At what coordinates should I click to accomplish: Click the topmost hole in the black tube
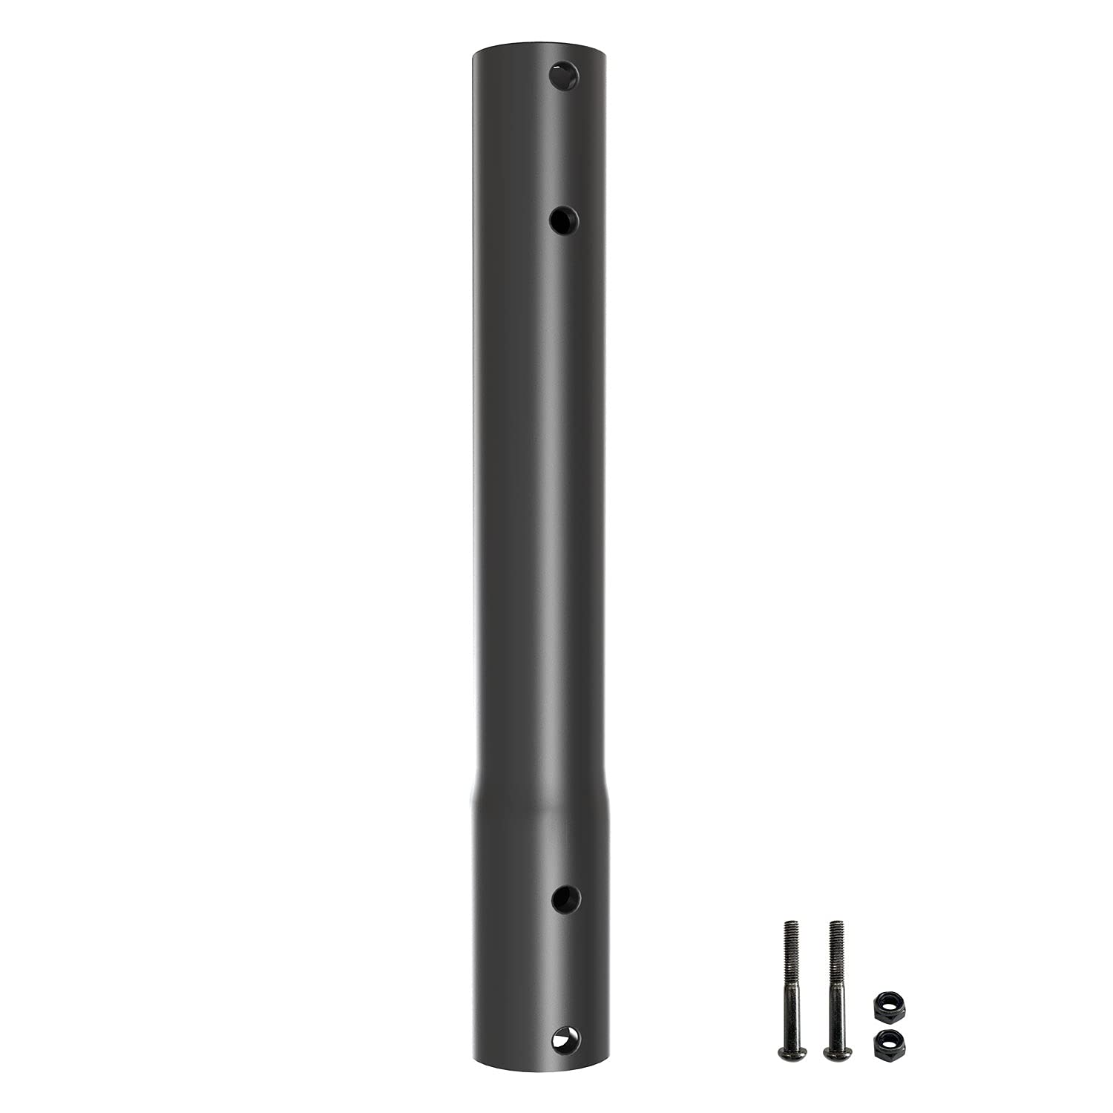click(x=564, y=76)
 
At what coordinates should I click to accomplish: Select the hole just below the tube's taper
click(x=566, y=899)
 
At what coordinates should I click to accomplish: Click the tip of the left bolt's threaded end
click(x=789, y=922)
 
